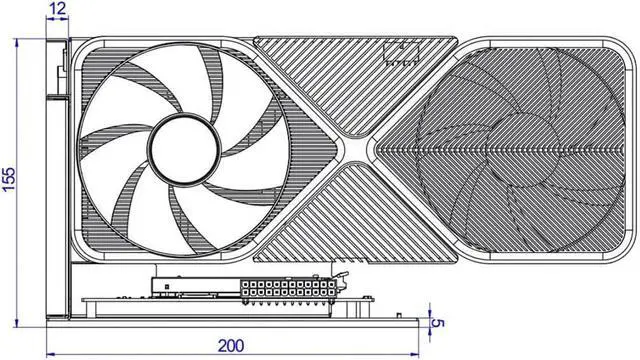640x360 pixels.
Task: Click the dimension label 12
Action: click(x=57, y=9)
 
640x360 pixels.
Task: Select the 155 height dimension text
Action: click(x=9, y=179)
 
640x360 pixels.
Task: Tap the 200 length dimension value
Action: click(x=231, y=346)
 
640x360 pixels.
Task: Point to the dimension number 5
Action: click(x=438, y=323)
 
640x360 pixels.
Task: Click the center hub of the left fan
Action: click(x=184, y=148)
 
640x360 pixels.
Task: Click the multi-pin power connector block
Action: click(x=289, y=289)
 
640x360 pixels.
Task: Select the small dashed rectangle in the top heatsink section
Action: click(x=401, y=53)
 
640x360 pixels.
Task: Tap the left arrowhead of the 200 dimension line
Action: click(x=51, y=355)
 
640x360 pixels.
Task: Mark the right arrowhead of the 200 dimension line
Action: click(x=415, y=355)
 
